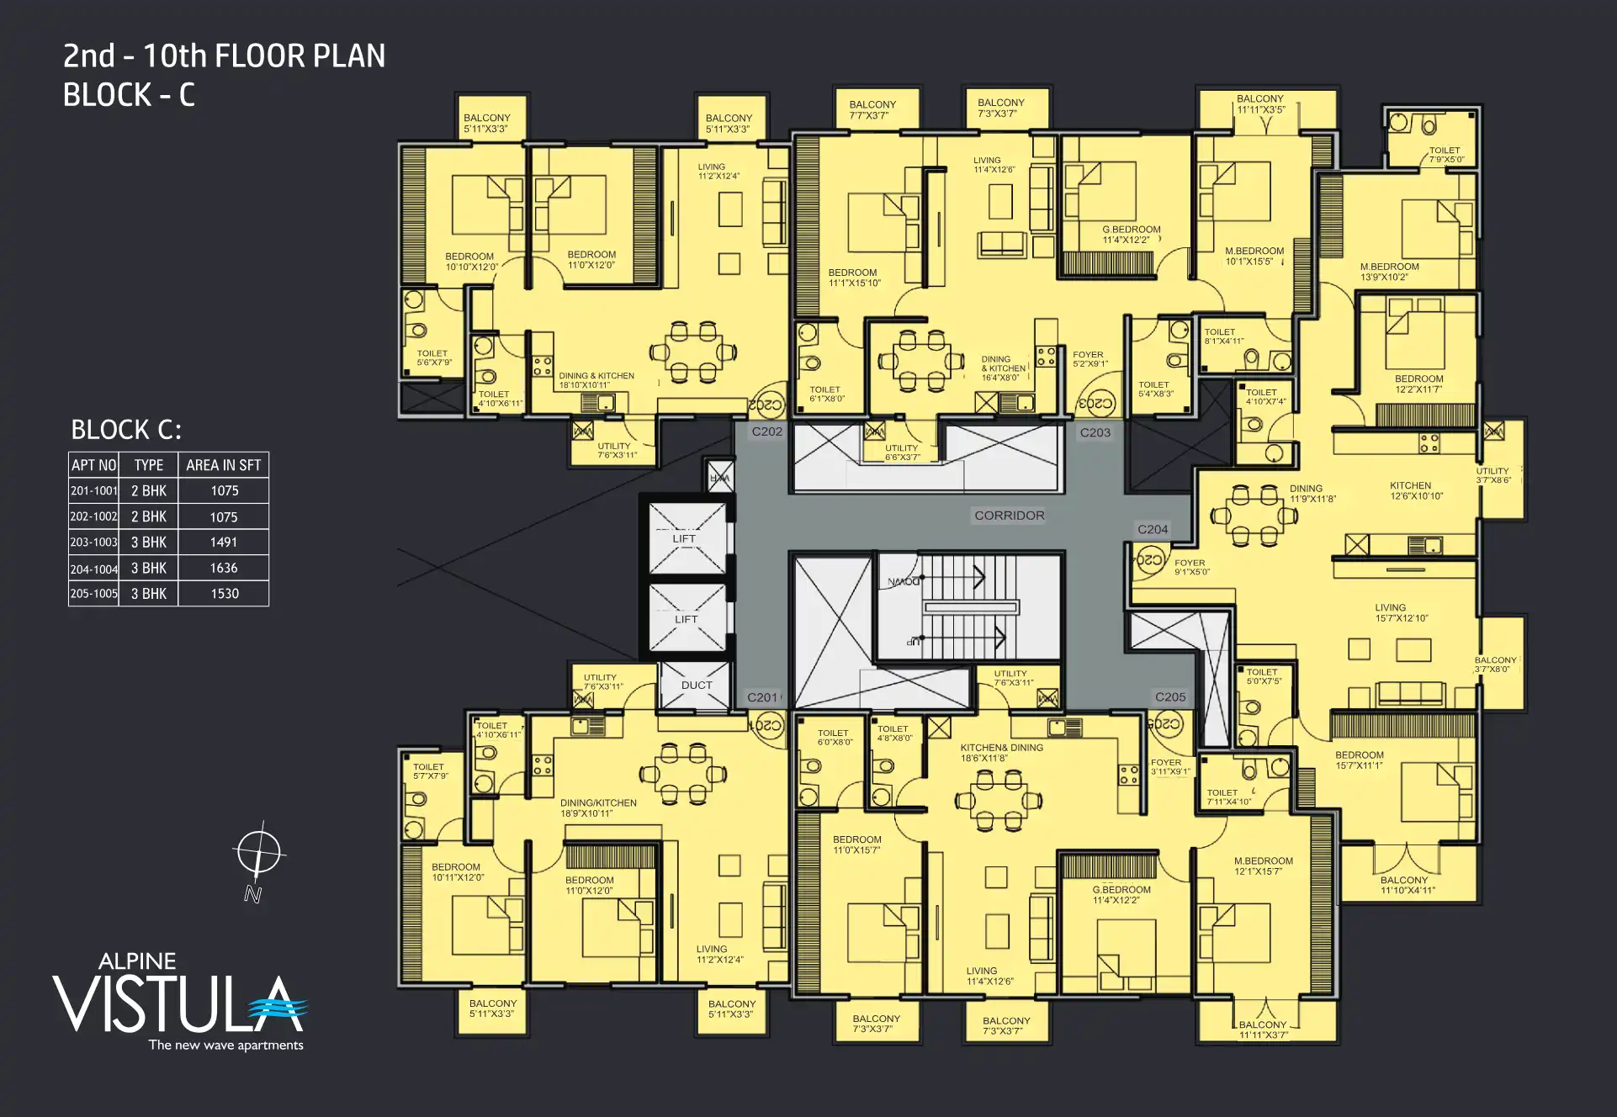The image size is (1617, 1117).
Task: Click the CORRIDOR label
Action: pyautogui.click(x=1009, y=516)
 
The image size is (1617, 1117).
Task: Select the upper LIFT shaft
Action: pyautogui.click(x=686, y=538)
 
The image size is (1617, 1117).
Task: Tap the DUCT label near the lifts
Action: pyautogui.click(x=696, y=685)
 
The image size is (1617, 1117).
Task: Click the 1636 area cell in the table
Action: pyautogui.click(x=224, y=568)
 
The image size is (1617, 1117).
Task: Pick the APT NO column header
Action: pyautogui.click(x=93, y=465)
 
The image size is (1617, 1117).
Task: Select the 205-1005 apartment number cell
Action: pyautogui.click(x=93, y=594)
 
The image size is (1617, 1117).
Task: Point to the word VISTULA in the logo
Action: pyautogui.click(x=168, y=1005)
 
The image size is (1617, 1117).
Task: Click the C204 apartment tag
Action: pyautogui.click(x=1152, y=529)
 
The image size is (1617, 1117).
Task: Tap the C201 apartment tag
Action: pyautogui.click(x=762, y=697)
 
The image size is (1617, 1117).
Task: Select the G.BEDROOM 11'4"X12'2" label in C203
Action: pyautogui.click(x=1131, y=235)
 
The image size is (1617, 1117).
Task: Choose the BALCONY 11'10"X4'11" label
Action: pyautogui.click(x=1407, y=885)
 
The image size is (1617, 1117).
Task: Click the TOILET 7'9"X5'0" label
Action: pyautogui.click(x=1445, y=155)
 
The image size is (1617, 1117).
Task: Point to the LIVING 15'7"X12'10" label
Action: pyautogui.click(x=1401, y=612)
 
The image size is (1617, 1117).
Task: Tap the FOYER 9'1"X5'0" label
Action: pyautogui.click(x=1190, y=567)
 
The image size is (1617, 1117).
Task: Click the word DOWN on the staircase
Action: pyautogui.click(x=903, y=581)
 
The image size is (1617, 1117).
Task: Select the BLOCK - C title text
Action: pyautogui.click(x=129, y=95)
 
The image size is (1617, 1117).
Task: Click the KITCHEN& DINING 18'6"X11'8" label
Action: pyautogui.click(x=1001, y=753)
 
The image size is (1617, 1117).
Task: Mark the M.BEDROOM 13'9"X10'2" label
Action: pyautogui.click(x=1389, y=272)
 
